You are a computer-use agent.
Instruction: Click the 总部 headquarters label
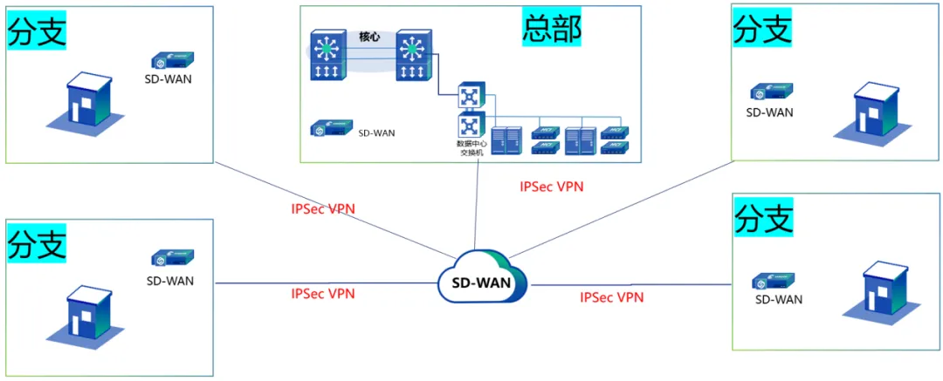(x=552, y=28)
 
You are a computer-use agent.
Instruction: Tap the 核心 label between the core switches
(x=370, y=37)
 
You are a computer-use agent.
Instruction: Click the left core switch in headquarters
(x=329, y=57)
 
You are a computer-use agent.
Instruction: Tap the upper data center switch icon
(x=471, y=94)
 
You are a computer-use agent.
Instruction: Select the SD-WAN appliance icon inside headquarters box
(x=331, y=128)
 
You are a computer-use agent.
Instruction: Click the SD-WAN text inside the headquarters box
(x=377, y=133)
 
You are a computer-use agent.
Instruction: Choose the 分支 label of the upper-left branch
(x=37, y=32)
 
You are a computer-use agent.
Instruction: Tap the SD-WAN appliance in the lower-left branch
(x=172, y=258)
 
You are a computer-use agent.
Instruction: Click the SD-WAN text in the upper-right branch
(x=769, y=112)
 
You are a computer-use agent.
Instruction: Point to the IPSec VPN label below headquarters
(x=551, y=186)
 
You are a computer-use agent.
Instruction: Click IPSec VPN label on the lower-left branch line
(x=323, y=294)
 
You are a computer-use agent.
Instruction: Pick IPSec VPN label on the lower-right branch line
(x=612, y=297)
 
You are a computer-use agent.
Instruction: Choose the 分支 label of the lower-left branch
(x=37, y=245)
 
